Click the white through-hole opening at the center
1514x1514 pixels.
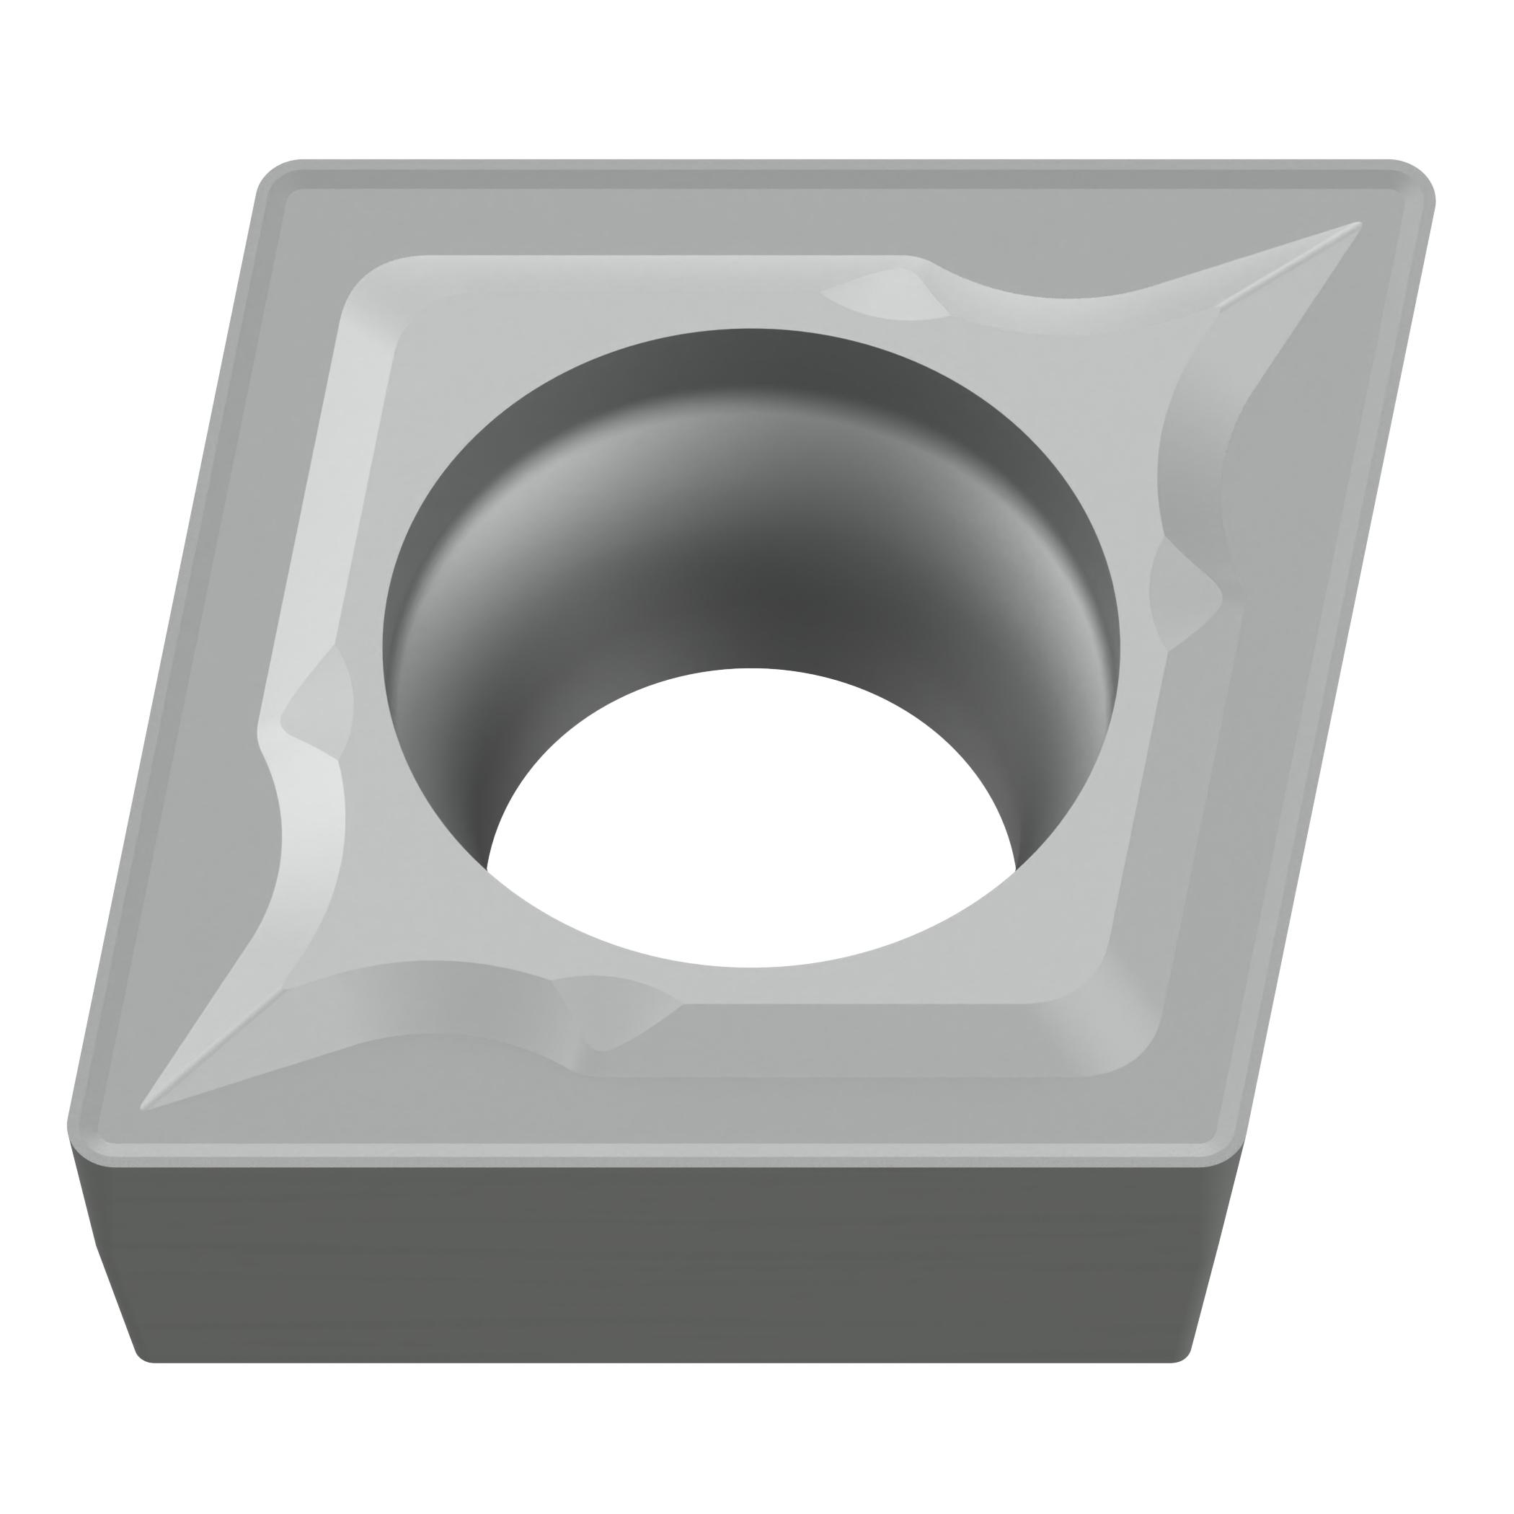point(751,823)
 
